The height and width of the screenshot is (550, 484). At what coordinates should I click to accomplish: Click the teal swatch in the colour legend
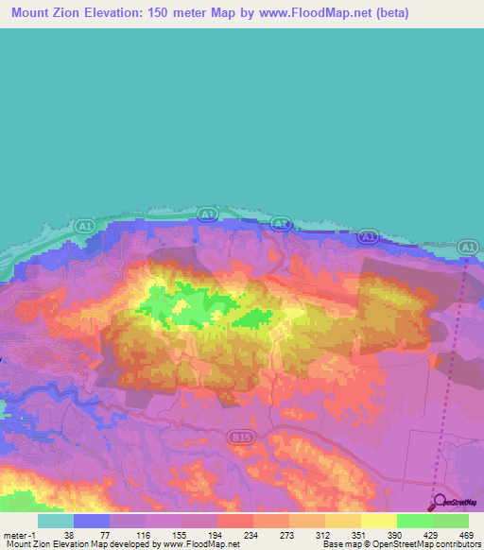coord(56,521)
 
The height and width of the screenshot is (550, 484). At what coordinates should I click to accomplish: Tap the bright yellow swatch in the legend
coord(378,521)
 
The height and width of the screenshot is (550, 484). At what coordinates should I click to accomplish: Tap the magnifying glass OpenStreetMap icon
coord(438,502)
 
